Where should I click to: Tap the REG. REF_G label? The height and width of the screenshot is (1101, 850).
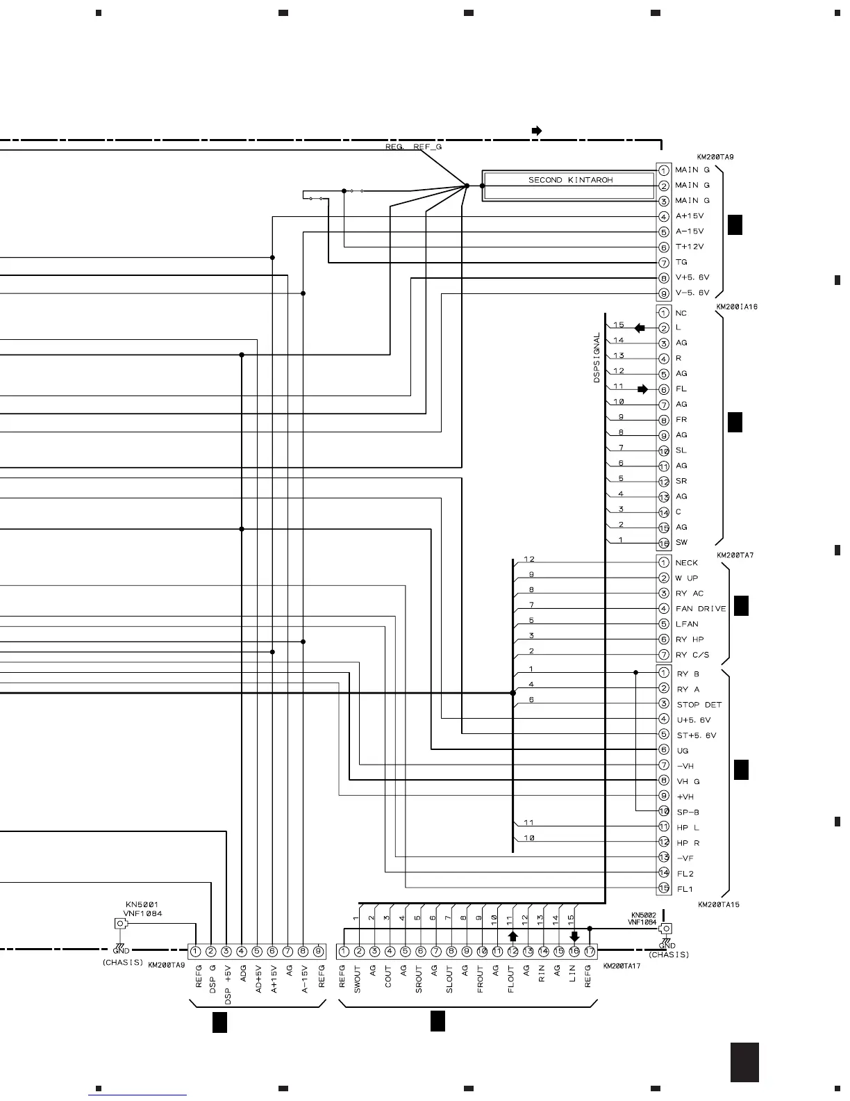(414, 147)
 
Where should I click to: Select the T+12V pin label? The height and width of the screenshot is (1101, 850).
(690, 247)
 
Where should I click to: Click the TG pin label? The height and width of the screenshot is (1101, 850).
(681, 262)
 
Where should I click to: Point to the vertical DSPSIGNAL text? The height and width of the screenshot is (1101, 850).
(597, 357)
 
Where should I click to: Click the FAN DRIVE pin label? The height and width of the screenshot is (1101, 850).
(701, 609)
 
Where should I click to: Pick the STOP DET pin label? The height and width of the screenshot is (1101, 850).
(699, 705)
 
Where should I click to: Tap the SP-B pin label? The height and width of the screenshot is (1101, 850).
(687, 813)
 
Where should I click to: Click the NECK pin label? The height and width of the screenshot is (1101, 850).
(686, 563)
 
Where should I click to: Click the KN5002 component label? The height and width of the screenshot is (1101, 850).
(643, 915)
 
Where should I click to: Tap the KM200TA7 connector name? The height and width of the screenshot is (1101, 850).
(735, 555)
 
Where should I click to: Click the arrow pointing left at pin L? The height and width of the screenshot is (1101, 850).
(640, 328)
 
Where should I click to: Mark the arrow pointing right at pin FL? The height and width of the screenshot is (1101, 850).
(642, 389)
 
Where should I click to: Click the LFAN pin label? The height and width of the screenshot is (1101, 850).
(687, 624)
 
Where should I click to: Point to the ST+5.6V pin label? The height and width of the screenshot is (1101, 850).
(697, 735)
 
